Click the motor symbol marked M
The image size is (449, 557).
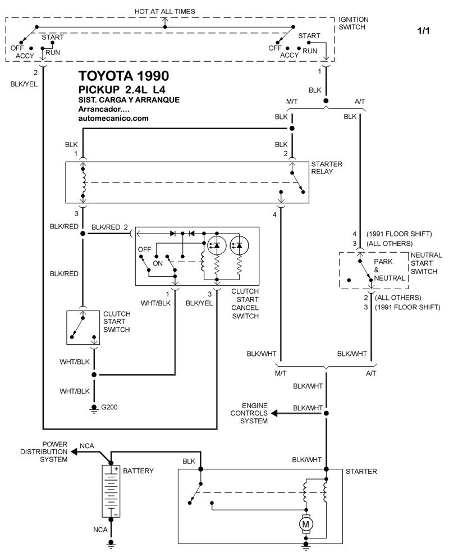click(x=306, y=524)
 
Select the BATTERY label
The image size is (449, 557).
click(x=138, y=471)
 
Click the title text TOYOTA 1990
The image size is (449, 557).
click(x=122, y=76)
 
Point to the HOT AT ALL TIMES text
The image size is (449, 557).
click(x=165, y=11)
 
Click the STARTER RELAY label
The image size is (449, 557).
click(x=327, y=167)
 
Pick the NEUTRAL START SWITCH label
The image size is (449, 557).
click(x=427, y=263)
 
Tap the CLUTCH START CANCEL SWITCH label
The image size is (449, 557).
click(x=245, y=304)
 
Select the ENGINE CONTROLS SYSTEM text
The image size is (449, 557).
click(x=255, y=413)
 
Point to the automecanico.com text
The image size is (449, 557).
click(x=113, y=118)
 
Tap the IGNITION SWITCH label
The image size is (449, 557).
click(x=353, y=23)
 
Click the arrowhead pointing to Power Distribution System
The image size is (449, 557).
click(x=72, y=451)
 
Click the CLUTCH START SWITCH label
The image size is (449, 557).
click(x=116, y=322)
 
